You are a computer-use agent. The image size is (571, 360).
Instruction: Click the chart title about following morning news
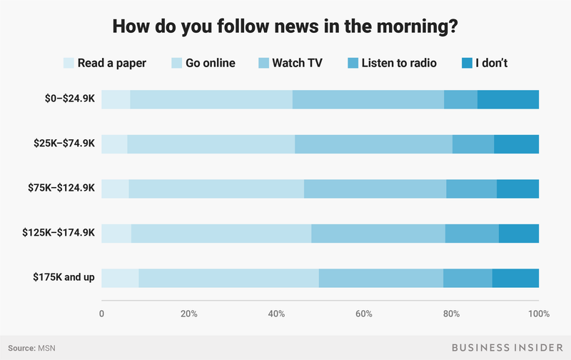285,28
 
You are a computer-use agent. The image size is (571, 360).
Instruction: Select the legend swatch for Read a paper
69,63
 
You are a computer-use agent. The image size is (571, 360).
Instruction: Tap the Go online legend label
211,63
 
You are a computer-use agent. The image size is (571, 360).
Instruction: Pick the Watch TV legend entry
297,63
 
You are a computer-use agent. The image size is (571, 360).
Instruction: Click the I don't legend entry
487,63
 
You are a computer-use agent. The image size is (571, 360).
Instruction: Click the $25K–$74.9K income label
64,144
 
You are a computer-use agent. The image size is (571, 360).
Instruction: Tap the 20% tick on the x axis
189,314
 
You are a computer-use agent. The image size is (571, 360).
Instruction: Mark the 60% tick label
364,314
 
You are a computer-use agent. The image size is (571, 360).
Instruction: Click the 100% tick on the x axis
538,314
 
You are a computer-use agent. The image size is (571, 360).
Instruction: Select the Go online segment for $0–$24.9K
211,99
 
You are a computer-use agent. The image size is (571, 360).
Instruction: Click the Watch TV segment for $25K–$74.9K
373,144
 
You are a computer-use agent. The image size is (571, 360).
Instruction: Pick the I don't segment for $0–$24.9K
508,99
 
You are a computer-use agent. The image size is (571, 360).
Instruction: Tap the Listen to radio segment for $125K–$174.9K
472,233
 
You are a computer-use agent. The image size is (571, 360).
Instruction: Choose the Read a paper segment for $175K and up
120,277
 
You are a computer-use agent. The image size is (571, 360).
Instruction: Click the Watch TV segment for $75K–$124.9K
375,189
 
